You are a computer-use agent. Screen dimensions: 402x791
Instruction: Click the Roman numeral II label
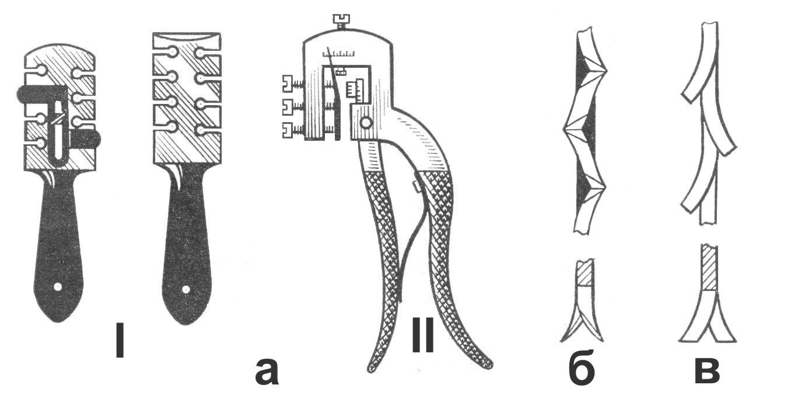tap(423, 337)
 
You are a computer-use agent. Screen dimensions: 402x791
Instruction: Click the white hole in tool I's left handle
tap(58, 287)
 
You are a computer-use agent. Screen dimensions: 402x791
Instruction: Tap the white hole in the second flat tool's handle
tap(185, 289)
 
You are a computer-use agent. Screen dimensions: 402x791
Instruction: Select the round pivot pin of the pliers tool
tap(366, 123)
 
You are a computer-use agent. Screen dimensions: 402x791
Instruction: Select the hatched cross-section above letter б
tap(584, 273)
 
